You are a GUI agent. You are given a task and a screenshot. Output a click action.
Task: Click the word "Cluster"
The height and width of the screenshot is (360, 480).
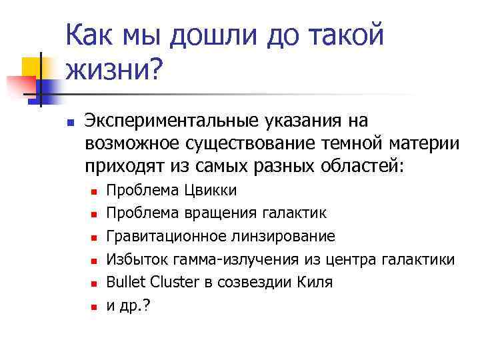(x=174, y=282)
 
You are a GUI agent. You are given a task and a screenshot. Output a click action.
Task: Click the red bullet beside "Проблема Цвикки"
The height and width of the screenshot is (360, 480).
(x=94, y=192)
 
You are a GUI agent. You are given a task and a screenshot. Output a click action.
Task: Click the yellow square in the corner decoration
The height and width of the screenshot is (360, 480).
(x=33, y=67)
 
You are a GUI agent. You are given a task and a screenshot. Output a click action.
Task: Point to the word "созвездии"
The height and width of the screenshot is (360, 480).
(x=253, y=282)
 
